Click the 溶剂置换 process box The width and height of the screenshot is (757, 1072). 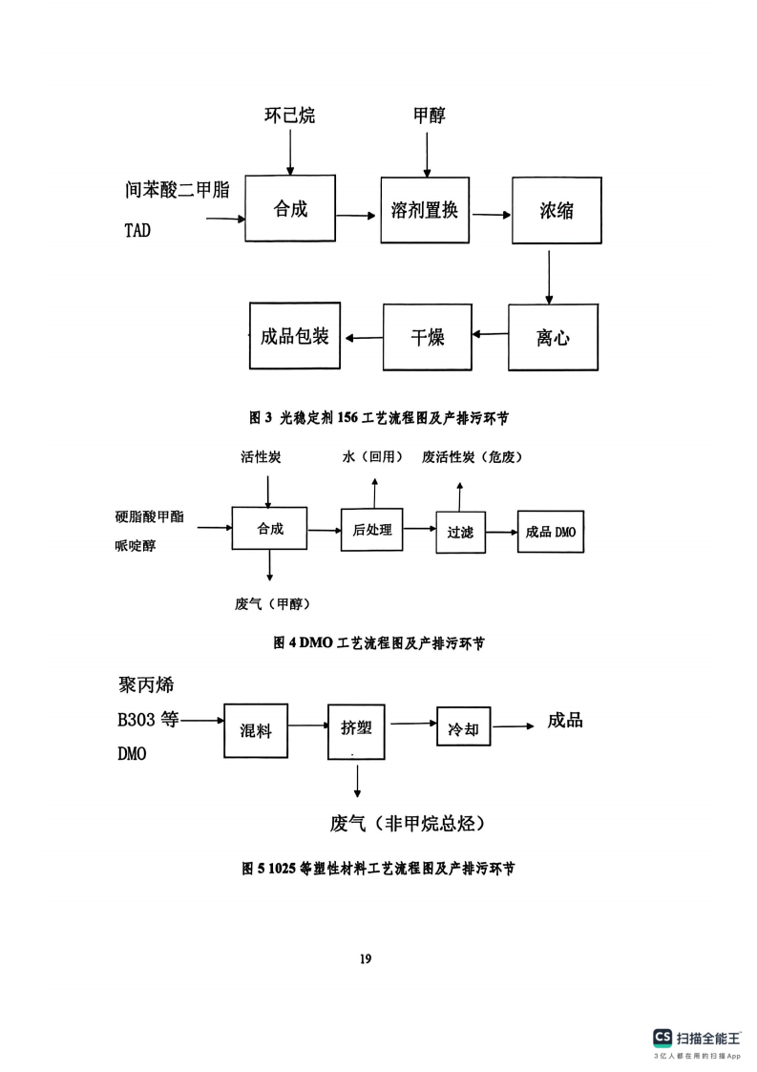coord(425,210)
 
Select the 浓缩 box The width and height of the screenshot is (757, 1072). coord(557,210)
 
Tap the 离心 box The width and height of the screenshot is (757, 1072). coord(553,337)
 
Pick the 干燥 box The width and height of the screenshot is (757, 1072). coord(428,337)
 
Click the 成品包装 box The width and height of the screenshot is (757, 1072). coord(295,336)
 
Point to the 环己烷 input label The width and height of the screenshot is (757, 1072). coord(290,115)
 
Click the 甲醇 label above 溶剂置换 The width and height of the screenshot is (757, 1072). coord(430,115)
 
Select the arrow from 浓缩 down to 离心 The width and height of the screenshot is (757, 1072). coord(549,277)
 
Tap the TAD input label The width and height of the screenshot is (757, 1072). coord(137,230)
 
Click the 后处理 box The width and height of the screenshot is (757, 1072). coord(372,530)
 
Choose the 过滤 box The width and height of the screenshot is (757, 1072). coord(461,532)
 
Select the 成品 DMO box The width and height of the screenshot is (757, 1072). coord(551,531)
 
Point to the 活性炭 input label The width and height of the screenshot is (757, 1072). coord(261,456)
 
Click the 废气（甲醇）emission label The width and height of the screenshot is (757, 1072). coord(272,603)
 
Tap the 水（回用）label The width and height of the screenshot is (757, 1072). coord(372,456)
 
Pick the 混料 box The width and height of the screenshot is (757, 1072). coord(256,730)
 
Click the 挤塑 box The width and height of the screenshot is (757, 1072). coord(356,731)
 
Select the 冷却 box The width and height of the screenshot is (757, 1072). coord(464,729)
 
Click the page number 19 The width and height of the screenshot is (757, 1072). coord(366,958)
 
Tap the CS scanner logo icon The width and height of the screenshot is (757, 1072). coord(662,1038)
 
